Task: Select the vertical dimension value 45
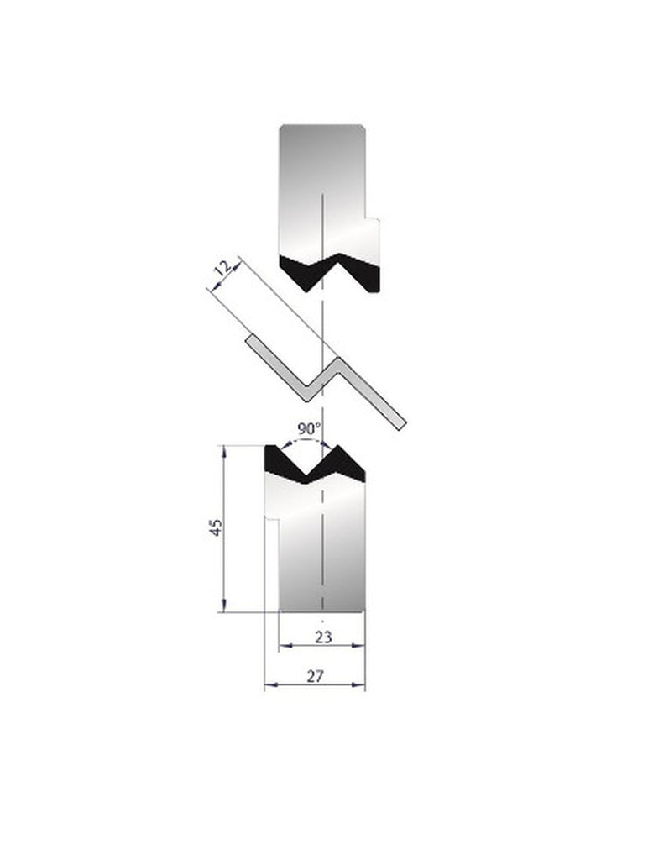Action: tap(217, 528)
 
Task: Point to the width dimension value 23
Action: tap(322, 637)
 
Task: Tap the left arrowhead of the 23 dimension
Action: tap(283, 645)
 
